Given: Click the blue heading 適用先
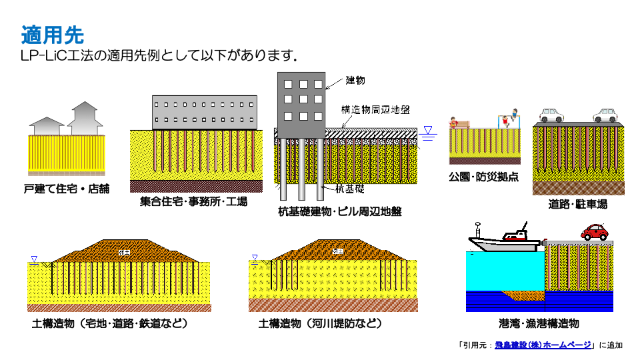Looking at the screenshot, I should (x=52, y=35).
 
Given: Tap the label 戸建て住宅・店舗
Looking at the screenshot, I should (x=66, y=188).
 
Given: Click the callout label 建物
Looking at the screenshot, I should (x=356, y=81).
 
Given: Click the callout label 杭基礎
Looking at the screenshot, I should (x=350, y=189).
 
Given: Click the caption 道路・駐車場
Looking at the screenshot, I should (x=577, y=204).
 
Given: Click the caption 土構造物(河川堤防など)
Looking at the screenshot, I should (x=320, y=323).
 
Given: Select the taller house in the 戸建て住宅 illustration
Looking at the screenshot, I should (x=85, y=118).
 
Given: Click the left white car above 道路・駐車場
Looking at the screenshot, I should (x=552, y=115).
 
